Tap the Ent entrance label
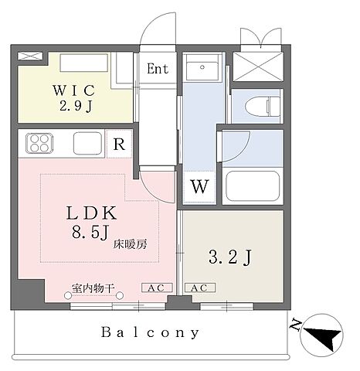pos(158,68)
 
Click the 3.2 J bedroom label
pos(231,257)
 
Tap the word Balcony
pos(151,333)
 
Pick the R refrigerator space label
pos(118,144)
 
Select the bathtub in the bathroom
pos(253,186)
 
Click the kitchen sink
pos(87,144)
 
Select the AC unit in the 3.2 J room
pos(198,287)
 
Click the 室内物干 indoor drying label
pos(93,288)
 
